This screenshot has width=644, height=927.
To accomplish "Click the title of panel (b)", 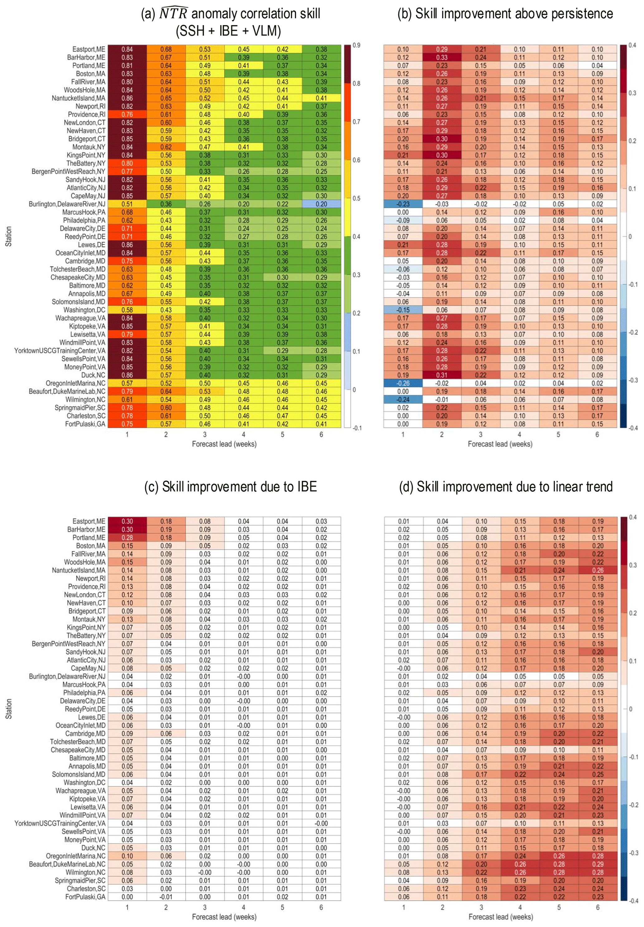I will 505,14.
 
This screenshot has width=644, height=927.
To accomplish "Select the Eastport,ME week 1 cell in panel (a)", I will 127,49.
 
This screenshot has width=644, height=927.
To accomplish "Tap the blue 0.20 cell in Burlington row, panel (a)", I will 321,204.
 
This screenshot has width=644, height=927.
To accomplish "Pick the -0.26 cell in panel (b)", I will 403,383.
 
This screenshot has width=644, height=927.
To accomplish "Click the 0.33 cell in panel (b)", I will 441,57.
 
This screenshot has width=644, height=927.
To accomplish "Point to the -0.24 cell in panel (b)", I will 403,399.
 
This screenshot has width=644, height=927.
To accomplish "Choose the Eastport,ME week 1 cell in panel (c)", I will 127,521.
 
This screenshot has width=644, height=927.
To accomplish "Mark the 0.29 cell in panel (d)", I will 598,864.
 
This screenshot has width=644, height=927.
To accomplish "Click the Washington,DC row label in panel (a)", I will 84,310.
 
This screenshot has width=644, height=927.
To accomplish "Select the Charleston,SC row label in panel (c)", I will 86,889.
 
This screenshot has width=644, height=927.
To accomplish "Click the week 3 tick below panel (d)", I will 481,907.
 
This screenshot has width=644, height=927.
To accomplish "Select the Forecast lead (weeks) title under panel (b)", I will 500,444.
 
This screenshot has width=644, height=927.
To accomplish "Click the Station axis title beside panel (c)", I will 8,709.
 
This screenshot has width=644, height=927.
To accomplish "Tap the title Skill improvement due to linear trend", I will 506,487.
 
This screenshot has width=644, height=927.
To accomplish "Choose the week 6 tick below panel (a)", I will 321,435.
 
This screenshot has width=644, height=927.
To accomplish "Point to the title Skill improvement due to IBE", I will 231,487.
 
